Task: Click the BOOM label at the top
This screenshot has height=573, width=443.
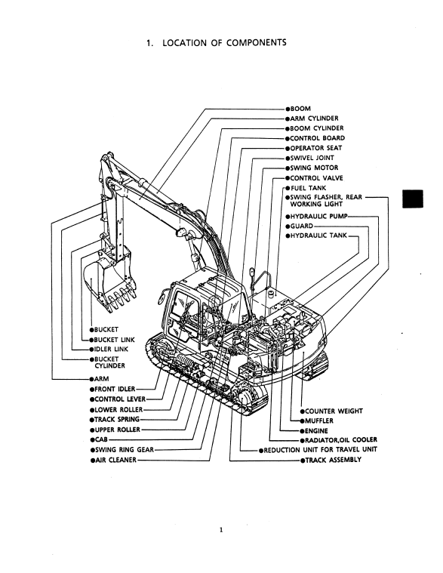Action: point(300,109)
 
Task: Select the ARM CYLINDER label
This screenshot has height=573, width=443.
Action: point(314,119)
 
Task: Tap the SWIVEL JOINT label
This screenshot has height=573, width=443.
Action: point(312,158)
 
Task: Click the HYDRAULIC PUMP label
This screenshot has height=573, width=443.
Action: point(318,217)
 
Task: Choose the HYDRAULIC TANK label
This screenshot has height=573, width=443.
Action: point(318,236)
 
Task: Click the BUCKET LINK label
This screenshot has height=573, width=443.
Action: point(114,340)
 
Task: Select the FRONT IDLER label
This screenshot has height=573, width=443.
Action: point(115,390)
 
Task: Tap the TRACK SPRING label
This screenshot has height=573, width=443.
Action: point(117,420)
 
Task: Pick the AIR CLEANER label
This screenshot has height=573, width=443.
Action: point(115,460)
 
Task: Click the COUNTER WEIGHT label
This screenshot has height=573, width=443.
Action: point(334,411)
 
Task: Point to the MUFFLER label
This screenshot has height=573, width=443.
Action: point(318,421)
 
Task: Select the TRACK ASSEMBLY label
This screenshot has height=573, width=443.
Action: point(333,460)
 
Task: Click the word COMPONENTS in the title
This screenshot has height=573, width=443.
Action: point(257,43)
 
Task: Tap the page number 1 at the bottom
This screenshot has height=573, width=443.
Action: point(221,530)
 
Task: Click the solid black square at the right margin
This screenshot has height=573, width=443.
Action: point(413,199)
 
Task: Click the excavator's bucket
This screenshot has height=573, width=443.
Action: point(109,279)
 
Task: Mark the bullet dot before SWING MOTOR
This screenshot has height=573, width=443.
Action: point(288,168)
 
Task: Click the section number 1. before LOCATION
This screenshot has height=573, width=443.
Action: point(149,43)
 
